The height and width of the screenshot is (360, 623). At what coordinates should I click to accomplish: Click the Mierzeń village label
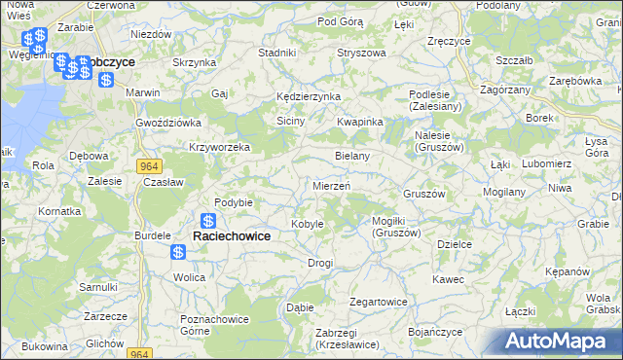(331, 185)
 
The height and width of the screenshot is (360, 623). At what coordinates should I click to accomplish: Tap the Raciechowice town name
(232, 235)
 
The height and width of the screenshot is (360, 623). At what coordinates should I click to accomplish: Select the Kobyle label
(308, 224)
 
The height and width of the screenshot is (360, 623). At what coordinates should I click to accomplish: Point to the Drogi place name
(320, 263)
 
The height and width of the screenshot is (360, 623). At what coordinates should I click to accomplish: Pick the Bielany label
(351, 156)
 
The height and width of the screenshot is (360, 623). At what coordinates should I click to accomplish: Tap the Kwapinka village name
(360, 122)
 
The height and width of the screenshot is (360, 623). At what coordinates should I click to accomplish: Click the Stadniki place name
(277, 53)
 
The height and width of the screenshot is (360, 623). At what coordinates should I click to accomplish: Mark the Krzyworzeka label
(220, 148)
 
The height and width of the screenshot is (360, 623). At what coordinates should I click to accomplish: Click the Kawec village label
(449, 279)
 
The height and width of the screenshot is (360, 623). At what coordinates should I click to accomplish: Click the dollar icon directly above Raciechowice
(208, 221)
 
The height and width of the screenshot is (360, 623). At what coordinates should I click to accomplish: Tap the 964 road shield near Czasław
(148, 166)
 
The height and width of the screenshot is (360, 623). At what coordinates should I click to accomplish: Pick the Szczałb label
(513, 60)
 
